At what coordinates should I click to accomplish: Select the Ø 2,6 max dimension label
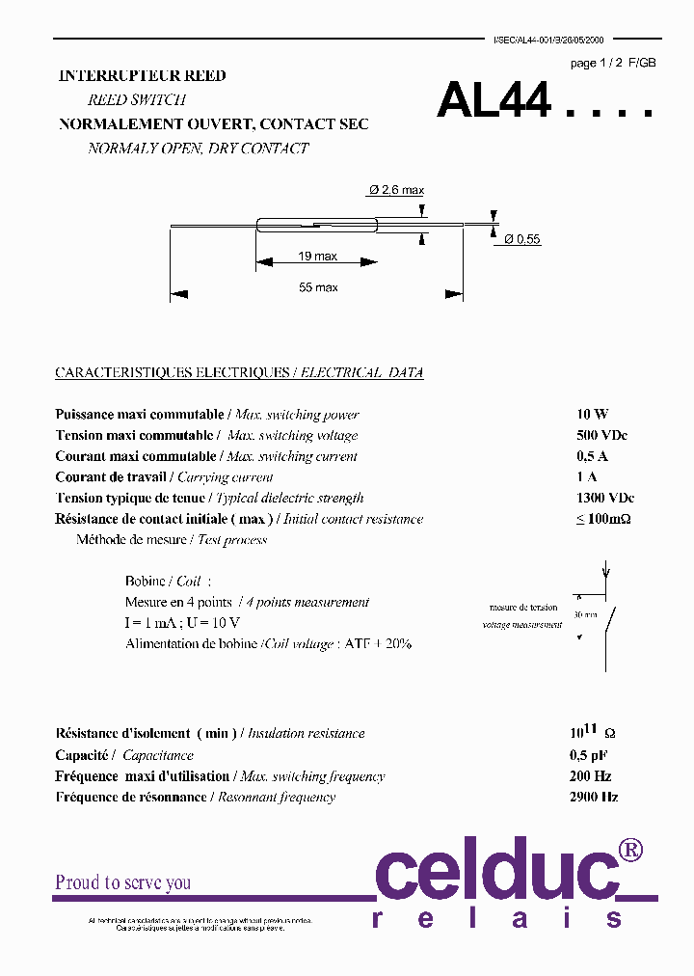396,190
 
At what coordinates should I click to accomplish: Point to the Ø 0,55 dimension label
521,239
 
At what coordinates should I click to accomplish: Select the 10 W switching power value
592,414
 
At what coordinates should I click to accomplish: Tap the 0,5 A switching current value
592,456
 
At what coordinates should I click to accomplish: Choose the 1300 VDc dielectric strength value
604,498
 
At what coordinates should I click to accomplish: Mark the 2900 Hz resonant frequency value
594,797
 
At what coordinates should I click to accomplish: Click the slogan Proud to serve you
122,882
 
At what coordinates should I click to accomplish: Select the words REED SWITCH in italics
136,99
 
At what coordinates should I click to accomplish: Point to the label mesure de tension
522,608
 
